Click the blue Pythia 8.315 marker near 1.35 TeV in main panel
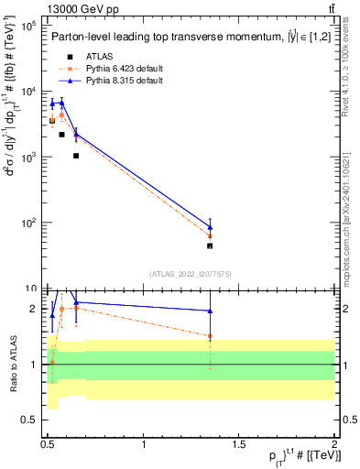click(211, 226)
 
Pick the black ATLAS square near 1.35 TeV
click(211, 245)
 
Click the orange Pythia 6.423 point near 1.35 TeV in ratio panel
click(211, 336)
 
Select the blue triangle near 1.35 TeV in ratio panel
click(211, 311)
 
